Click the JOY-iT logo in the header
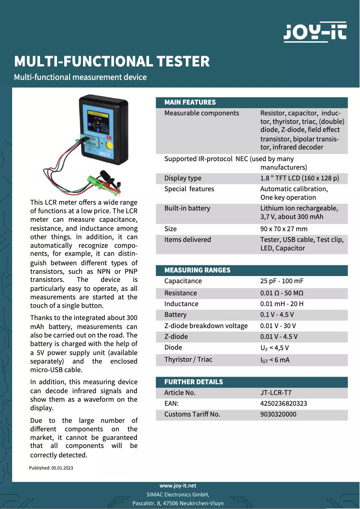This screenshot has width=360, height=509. [315, 32]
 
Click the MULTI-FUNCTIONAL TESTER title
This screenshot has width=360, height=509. [112, 61]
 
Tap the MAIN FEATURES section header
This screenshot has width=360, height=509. [190, 102]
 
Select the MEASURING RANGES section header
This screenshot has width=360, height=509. [198, 270]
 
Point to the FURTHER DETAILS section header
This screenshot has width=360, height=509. [193, 382]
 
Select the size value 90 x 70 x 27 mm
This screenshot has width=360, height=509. [284, 229]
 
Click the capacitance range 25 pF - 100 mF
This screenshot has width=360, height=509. [282, 281]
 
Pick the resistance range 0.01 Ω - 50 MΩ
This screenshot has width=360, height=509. [285, 293]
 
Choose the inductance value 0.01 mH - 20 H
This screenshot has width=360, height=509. [281, 304]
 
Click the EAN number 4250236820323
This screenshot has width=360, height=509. [284, 404]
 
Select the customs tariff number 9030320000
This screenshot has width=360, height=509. [278, 414]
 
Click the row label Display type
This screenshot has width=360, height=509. [183, 178]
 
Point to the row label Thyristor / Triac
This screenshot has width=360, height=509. [189, 359]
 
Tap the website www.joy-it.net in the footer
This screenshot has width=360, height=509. [178, 486]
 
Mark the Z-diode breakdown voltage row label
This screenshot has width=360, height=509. [206, 326]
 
